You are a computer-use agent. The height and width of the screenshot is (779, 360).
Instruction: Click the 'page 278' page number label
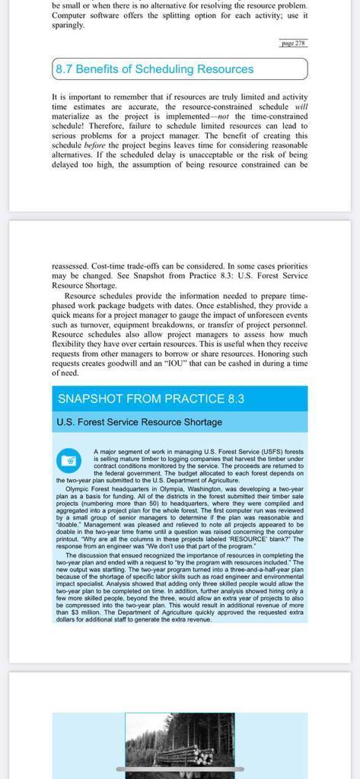293,43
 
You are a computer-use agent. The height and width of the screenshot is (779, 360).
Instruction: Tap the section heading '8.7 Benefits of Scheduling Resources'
155,69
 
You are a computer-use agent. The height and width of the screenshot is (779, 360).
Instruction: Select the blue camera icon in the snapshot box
68,460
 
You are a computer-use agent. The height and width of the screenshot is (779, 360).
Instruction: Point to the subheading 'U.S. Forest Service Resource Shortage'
139,422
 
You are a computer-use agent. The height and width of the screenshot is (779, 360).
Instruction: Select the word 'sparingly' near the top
68,24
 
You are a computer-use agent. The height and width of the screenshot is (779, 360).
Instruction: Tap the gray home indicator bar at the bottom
180,769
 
